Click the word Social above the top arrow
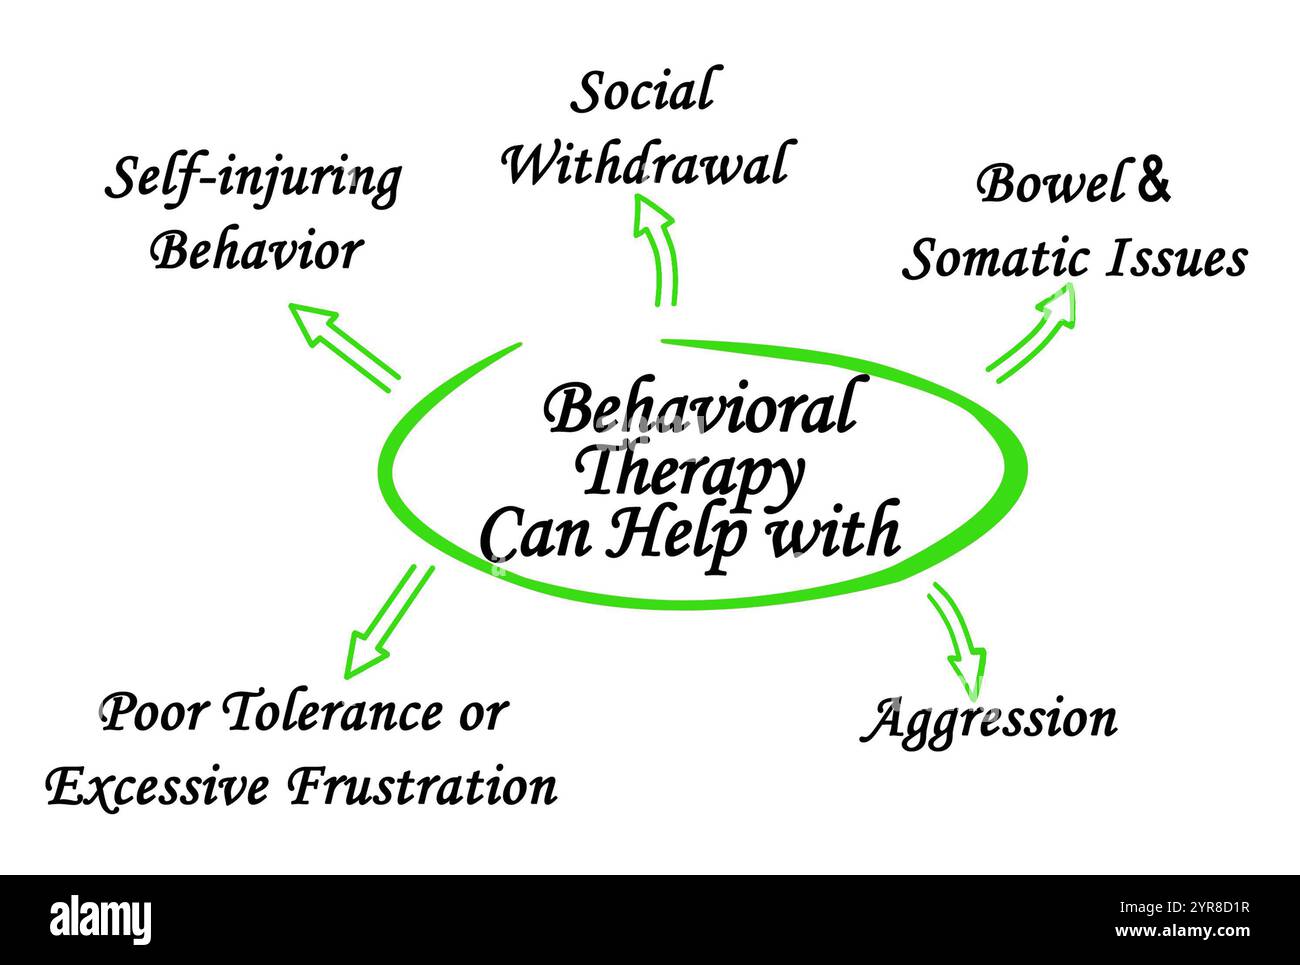(642, 92)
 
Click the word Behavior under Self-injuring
(256, 251)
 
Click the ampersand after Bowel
(1153, 183)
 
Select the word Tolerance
(329, 714)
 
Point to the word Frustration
(422, 787)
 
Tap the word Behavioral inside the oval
(698, 410)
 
